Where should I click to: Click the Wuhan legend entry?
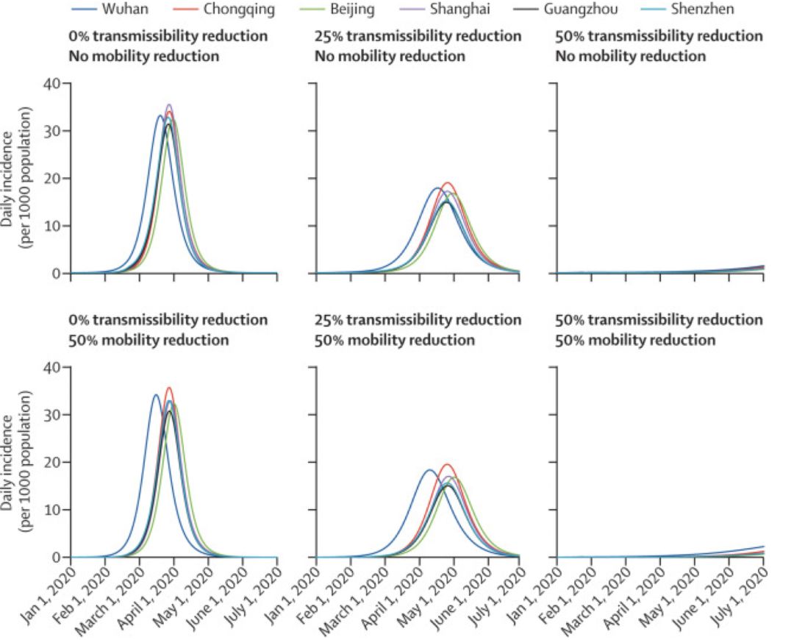[x=110, y=9]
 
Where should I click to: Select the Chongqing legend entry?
[x=223, y=9]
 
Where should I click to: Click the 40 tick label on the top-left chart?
[x=52, y=83]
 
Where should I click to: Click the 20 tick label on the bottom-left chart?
[x=52, y=462]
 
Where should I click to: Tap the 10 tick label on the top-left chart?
[x=52, y=226]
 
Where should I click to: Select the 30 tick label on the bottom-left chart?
[x=52, y=414]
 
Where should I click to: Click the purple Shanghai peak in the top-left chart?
[x=169, y=105]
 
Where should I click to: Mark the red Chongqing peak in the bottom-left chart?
[x=169, y=388]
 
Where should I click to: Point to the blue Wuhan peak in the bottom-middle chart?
[x=429, y=470]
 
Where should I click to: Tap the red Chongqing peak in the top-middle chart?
[x=447, y=183]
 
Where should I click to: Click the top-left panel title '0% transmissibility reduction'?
[x=168, y=37]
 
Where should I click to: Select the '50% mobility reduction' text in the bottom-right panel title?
[x=635, y=340]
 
